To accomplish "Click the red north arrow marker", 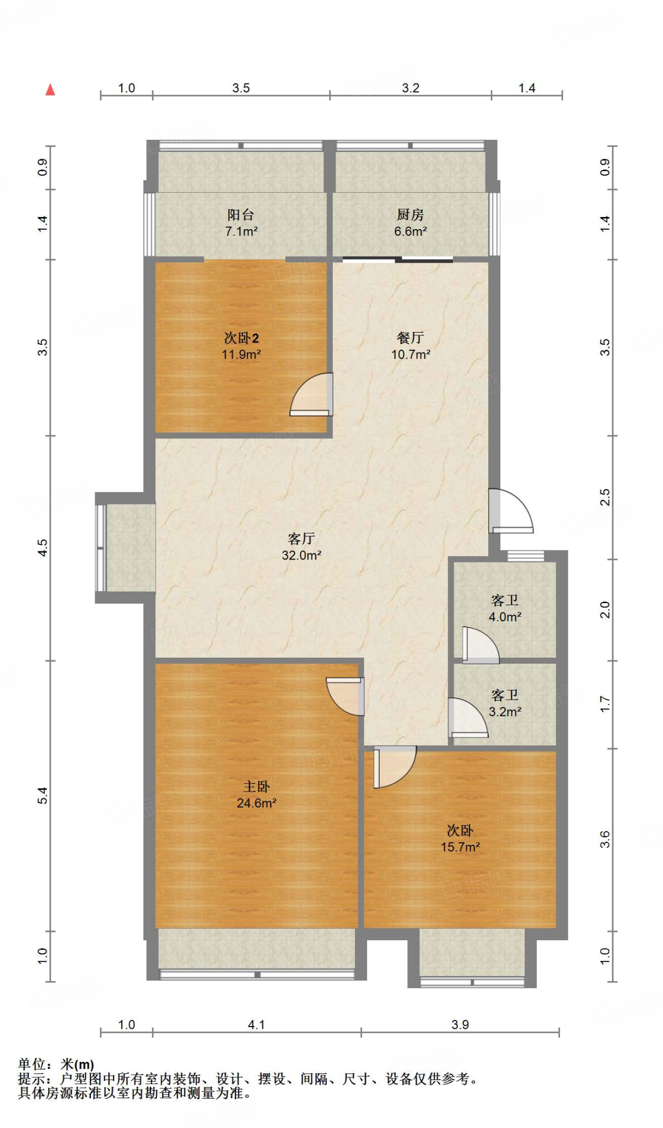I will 50,89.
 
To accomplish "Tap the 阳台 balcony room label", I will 241,215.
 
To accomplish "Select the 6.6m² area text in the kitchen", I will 410,231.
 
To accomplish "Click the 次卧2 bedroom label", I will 241,338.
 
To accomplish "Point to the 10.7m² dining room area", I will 411,354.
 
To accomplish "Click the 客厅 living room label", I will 301,538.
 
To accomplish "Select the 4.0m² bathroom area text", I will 505,617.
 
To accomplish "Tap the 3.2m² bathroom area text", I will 505,712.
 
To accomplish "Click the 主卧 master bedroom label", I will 256,787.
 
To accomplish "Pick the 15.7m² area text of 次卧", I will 460,847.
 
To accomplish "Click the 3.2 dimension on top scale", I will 411,88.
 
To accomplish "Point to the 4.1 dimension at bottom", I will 256,1024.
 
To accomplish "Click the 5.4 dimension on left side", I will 42,795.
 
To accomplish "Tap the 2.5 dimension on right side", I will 605,497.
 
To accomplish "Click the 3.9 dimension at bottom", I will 460,1024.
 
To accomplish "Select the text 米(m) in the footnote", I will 77,1065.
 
